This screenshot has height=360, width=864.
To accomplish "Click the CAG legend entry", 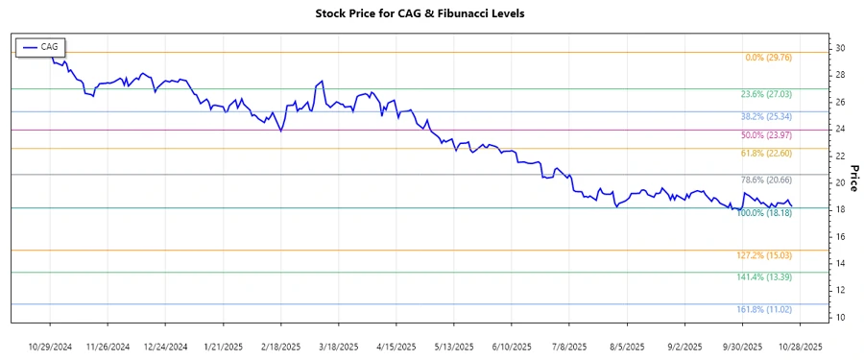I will [x=40, y=46].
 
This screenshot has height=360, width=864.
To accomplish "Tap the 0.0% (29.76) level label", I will [x=774, y=58].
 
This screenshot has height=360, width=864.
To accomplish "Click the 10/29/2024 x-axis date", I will [x=51, y=346].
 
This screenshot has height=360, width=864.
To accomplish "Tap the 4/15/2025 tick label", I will [x=396, y=346].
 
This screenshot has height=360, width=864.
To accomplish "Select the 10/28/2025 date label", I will [x=801, y=346].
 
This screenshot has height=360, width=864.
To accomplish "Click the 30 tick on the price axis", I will [x=839, y=48].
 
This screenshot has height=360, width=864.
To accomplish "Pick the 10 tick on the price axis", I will [x=839, y=317].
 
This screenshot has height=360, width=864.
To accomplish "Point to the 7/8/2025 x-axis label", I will [x=568, y=346].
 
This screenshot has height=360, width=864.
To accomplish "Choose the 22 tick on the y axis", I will [x=839, y=156].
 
